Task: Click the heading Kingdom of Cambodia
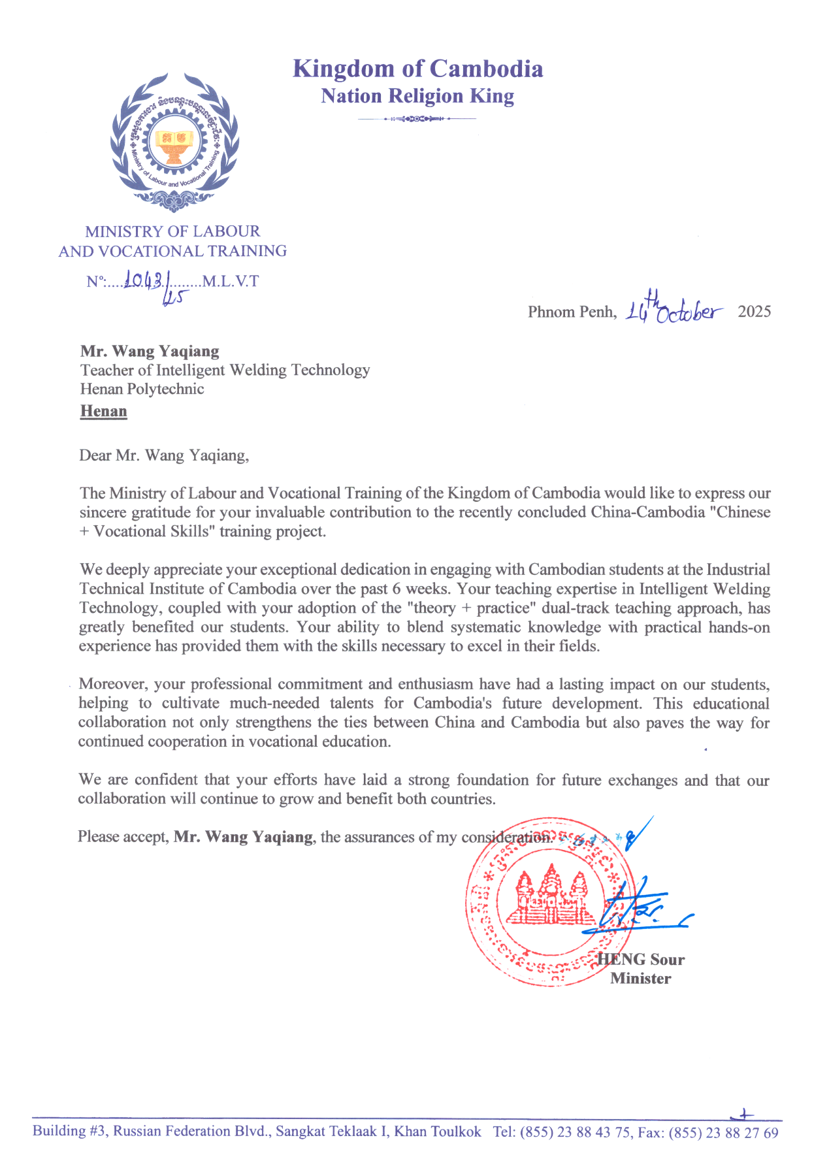pos(417,69)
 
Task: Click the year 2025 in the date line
pos(754,312)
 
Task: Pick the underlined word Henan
pos(103,411)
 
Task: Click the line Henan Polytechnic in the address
pos(142,389)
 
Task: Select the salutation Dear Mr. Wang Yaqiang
pos(164,455)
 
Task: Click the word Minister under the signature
pos(640,979)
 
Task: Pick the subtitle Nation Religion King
pos(417,96)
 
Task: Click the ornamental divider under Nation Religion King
pos(417,119)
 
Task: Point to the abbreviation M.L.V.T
pos(231,282)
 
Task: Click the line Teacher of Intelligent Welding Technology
pos(225,370)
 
